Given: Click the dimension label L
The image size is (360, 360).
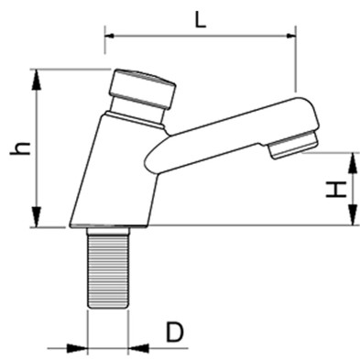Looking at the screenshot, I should click(201, 19).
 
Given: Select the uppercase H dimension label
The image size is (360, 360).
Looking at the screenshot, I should click(337, 191).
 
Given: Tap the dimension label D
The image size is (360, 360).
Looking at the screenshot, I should click(175, 332).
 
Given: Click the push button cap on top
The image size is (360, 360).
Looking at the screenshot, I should click(142, 86).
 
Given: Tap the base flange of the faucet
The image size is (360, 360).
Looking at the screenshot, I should click(109, 224).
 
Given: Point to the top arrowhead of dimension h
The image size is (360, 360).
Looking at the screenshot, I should click(38, 76).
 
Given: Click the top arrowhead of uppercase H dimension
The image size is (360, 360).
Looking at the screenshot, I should click(353, 158).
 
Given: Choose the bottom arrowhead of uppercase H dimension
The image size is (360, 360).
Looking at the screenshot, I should click(353, 219).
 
